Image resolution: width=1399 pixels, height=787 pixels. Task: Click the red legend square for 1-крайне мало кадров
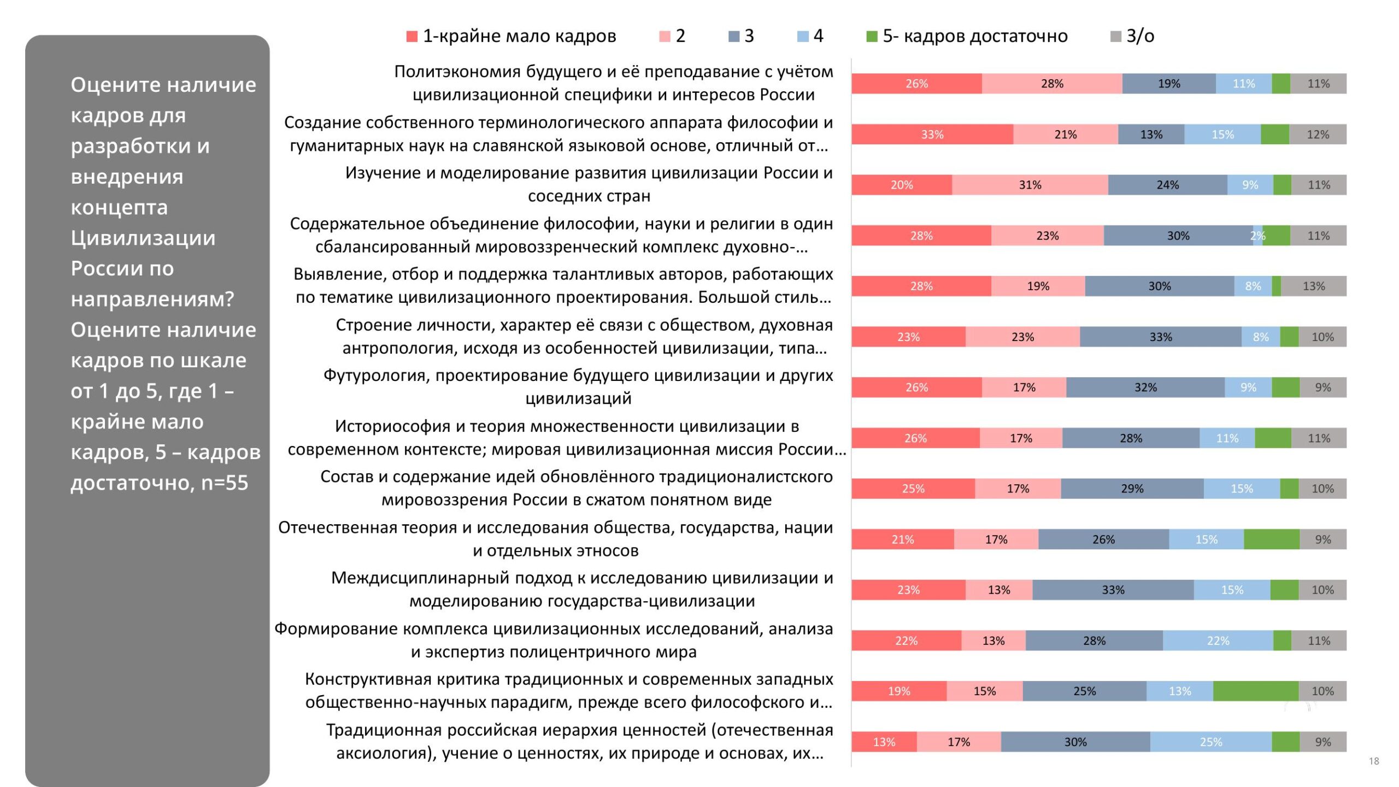(x=412, y=37)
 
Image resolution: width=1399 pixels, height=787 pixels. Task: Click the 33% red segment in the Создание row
(x=932, y=134)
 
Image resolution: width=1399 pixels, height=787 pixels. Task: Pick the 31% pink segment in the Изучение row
(x=1030, y=185)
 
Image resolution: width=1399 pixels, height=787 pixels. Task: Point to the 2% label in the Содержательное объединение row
(x=1257, y=236)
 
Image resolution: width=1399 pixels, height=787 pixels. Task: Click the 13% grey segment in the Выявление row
(x=1314, y=286)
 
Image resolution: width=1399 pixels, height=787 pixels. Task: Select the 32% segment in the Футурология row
(x=1145, y=387)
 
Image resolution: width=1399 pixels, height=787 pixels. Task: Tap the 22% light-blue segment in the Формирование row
(x=1218, y=641)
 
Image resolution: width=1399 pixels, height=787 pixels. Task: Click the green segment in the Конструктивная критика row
(x=1256, y=691)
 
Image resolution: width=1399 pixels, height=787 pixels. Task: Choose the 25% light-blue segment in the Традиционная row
(x=1210, y=742)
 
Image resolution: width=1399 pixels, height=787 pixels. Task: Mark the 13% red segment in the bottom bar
(x=884, y=742)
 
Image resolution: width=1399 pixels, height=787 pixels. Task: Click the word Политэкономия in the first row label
(x=457, y=72)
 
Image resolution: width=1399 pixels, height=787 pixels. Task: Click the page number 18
(x=1374, y=761)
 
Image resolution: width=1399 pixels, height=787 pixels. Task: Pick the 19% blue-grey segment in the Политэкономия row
(x=1169, y=84)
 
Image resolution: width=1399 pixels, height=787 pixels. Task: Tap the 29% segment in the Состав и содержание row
(x=1132, y=489)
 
